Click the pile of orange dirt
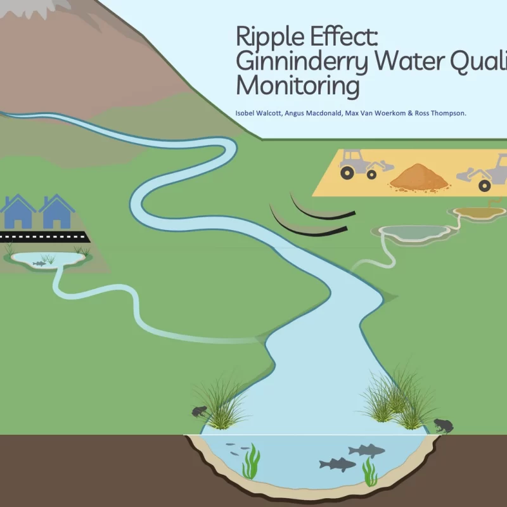tap(419, 177)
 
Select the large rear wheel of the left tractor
tap(349, 171)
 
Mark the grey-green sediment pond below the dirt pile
tap(414, 232)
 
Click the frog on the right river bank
tap(442, 425)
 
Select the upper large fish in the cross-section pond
tap(367, 451)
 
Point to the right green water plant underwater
tap(369, 472)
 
